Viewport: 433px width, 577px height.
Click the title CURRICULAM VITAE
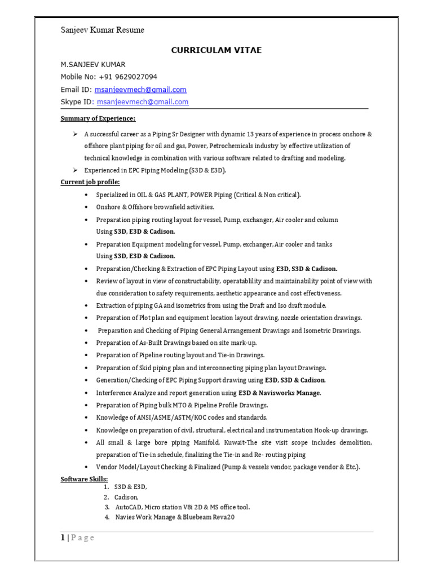pos(216,50)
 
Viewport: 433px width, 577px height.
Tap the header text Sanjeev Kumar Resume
pos(102,30)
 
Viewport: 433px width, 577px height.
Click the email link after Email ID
pos(140,90)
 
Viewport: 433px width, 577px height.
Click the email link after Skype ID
pos(143,102)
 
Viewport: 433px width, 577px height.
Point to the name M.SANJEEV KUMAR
pos(93,64)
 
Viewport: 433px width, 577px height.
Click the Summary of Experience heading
pos(98,119)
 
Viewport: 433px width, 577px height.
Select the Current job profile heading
pos(90,182)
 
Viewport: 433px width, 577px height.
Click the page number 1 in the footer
pos(63,538)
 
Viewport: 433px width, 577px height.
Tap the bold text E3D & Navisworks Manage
pos(280,393)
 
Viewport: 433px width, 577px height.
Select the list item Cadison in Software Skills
pos(126,497)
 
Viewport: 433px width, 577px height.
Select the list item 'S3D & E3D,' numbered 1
pos(130,487)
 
